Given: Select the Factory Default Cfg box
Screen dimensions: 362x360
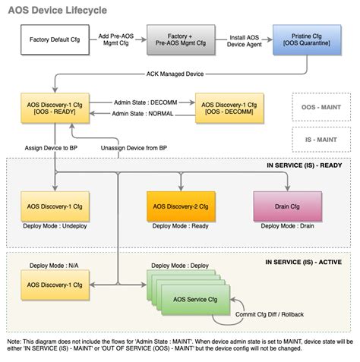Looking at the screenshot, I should (x=55, y=39).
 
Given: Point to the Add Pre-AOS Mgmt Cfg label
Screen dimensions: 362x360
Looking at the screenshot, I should (x=115, y=39).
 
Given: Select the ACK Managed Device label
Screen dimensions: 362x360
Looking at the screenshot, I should (x=175, y=74).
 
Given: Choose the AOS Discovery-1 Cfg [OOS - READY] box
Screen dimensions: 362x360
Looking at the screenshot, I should (x=55, y=109).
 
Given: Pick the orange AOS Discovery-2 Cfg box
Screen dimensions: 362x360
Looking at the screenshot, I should (x=182, y=206).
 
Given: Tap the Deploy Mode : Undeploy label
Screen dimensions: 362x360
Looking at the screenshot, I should (x=55, y=225).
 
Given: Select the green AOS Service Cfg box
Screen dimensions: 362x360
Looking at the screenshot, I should (x=191, y=299).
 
